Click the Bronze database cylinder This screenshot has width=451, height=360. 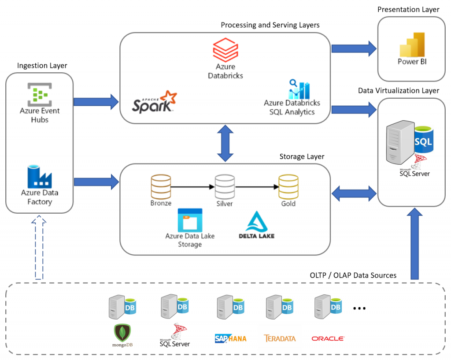coord(160,187)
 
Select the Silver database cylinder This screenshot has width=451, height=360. coord(224,187)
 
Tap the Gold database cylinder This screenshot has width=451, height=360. coord(288,187)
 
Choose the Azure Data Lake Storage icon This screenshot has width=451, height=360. coord(189,220)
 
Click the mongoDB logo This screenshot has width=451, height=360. coord(121,335)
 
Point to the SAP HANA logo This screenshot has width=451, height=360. coord(231,338)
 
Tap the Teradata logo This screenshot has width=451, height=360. coord(280,338)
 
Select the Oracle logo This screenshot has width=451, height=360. coord(328,338)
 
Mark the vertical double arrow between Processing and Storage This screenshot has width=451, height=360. coord(225,143)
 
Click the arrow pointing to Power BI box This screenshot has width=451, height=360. coord(354,47)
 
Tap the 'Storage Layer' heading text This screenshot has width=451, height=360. coord(302,156)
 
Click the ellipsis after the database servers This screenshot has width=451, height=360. coord(360,308)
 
